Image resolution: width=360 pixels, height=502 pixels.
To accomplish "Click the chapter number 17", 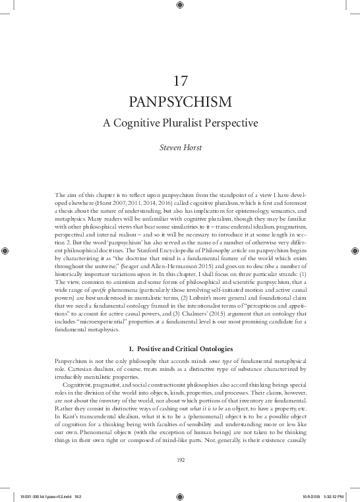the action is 180,82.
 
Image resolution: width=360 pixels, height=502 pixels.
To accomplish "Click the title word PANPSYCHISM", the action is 180,103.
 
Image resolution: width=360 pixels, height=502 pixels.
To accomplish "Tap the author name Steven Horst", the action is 180,150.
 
